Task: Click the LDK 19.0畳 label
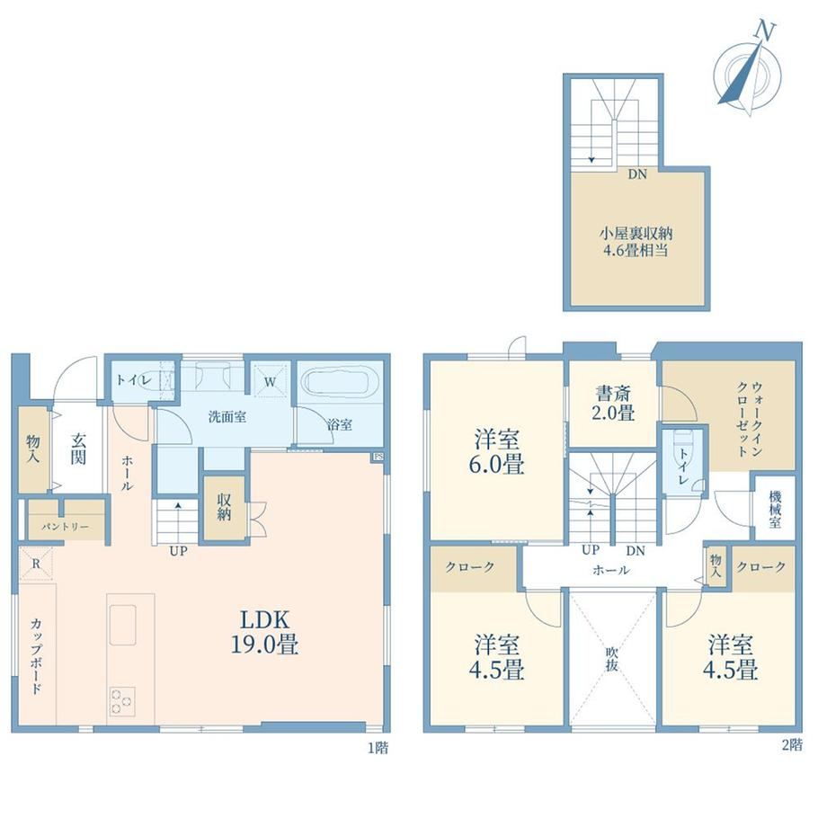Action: [x=264, y=632]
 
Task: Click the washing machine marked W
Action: [x=270, y=381]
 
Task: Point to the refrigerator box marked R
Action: [x=36, y=564]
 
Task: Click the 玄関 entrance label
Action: [x=78, y=449]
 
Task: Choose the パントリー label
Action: [x=66, y=527]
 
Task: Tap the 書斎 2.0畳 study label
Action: [x=612, y=403]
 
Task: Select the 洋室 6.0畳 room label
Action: [x=496, y=452]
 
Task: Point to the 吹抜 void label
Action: [x=611, y=659]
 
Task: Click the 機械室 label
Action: [x=775, y=509]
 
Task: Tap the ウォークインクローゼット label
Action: [x=749, y=419]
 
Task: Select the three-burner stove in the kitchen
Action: [x=121, y=701]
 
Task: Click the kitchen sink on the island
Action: [x=122, y=625]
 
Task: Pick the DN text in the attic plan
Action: [x=637, y=174]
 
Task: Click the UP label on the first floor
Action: [x=178, y=551]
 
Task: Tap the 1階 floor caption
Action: [x=378, y=747]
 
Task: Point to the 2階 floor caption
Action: [x=792, y=744]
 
